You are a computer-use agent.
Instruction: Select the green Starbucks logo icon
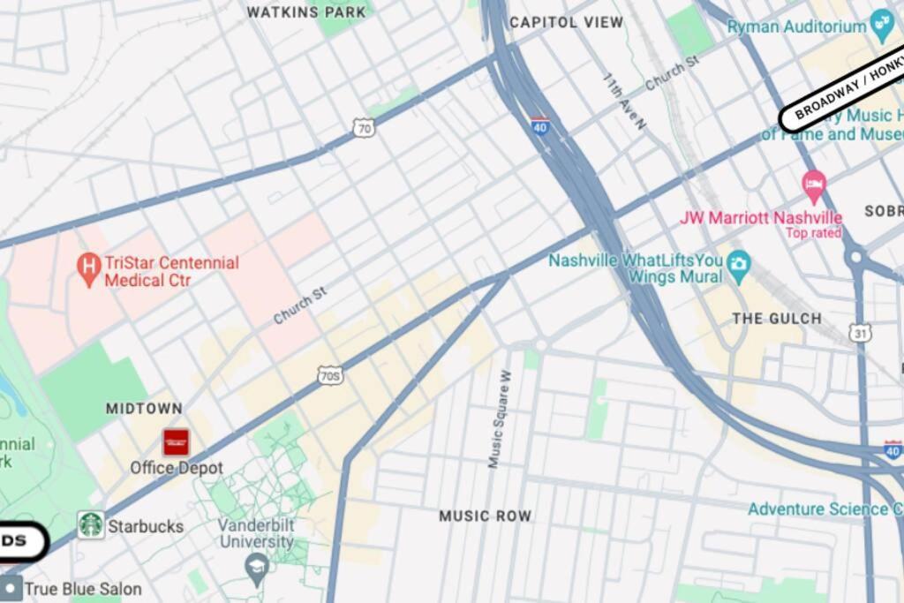click(91, 525)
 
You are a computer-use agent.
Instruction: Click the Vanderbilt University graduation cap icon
click(257, 565)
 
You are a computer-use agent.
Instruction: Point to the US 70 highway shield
click(364, 129)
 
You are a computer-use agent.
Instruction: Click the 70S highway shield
click(330, 376)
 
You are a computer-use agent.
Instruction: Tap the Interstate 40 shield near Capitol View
click(540, 125)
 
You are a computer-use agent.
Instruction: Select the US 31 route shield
click(862, 333)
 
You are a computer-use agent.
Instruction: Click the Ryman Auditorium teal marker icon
click(882, 24)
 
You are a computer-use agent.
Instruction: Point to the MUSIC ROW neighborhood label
click(486, 516)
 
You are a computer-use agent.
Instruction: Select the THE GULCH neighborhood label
click(777, 318)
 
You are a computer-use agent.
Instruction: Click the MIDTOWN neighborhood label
click(144, 409)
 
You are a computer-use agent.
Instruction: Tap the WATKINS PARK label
click(305, 12)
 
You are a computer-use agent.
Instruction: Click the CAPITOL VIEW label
click(566, 22)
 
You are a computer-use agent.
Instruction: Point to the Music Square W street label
click(500, 418)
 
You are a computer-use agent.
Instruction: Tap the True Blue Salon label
click(82, 588)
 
